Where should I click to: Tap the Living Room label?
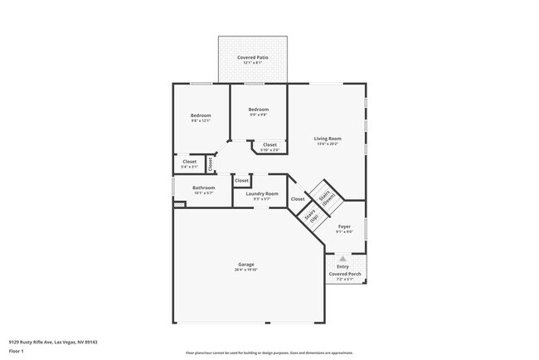coord(328,139)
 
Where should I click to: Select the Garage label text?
coord(246,265)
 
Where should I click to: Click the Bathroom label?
coord(203,187)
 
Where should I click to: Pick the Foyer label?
coord(344,226)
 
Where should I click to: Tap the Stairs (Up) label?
coord(310,218)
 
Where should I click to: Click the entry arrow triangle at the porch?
coord(342,259)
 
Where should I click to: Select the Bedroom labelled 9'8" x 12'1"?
coord(200,115)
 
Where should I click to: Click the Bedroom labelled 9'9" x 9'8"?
coord(259,109)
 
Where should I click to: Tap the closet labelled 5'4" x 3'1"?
coord(189,162)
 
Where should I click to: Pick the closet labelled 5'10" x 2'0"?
coord(269,144)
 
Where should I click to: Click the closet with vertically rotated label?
coord(211,164)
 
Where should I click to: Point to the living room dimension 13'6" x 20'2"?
coord(328,144)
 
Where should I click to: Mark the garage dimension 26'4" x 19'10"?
coord(246,270)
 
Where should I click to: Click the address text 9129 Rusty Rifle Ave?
coord(51,340)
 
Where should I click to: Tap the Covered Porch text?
coord(343,273)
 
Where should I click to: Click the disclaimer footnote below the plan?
coord(269,352)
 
